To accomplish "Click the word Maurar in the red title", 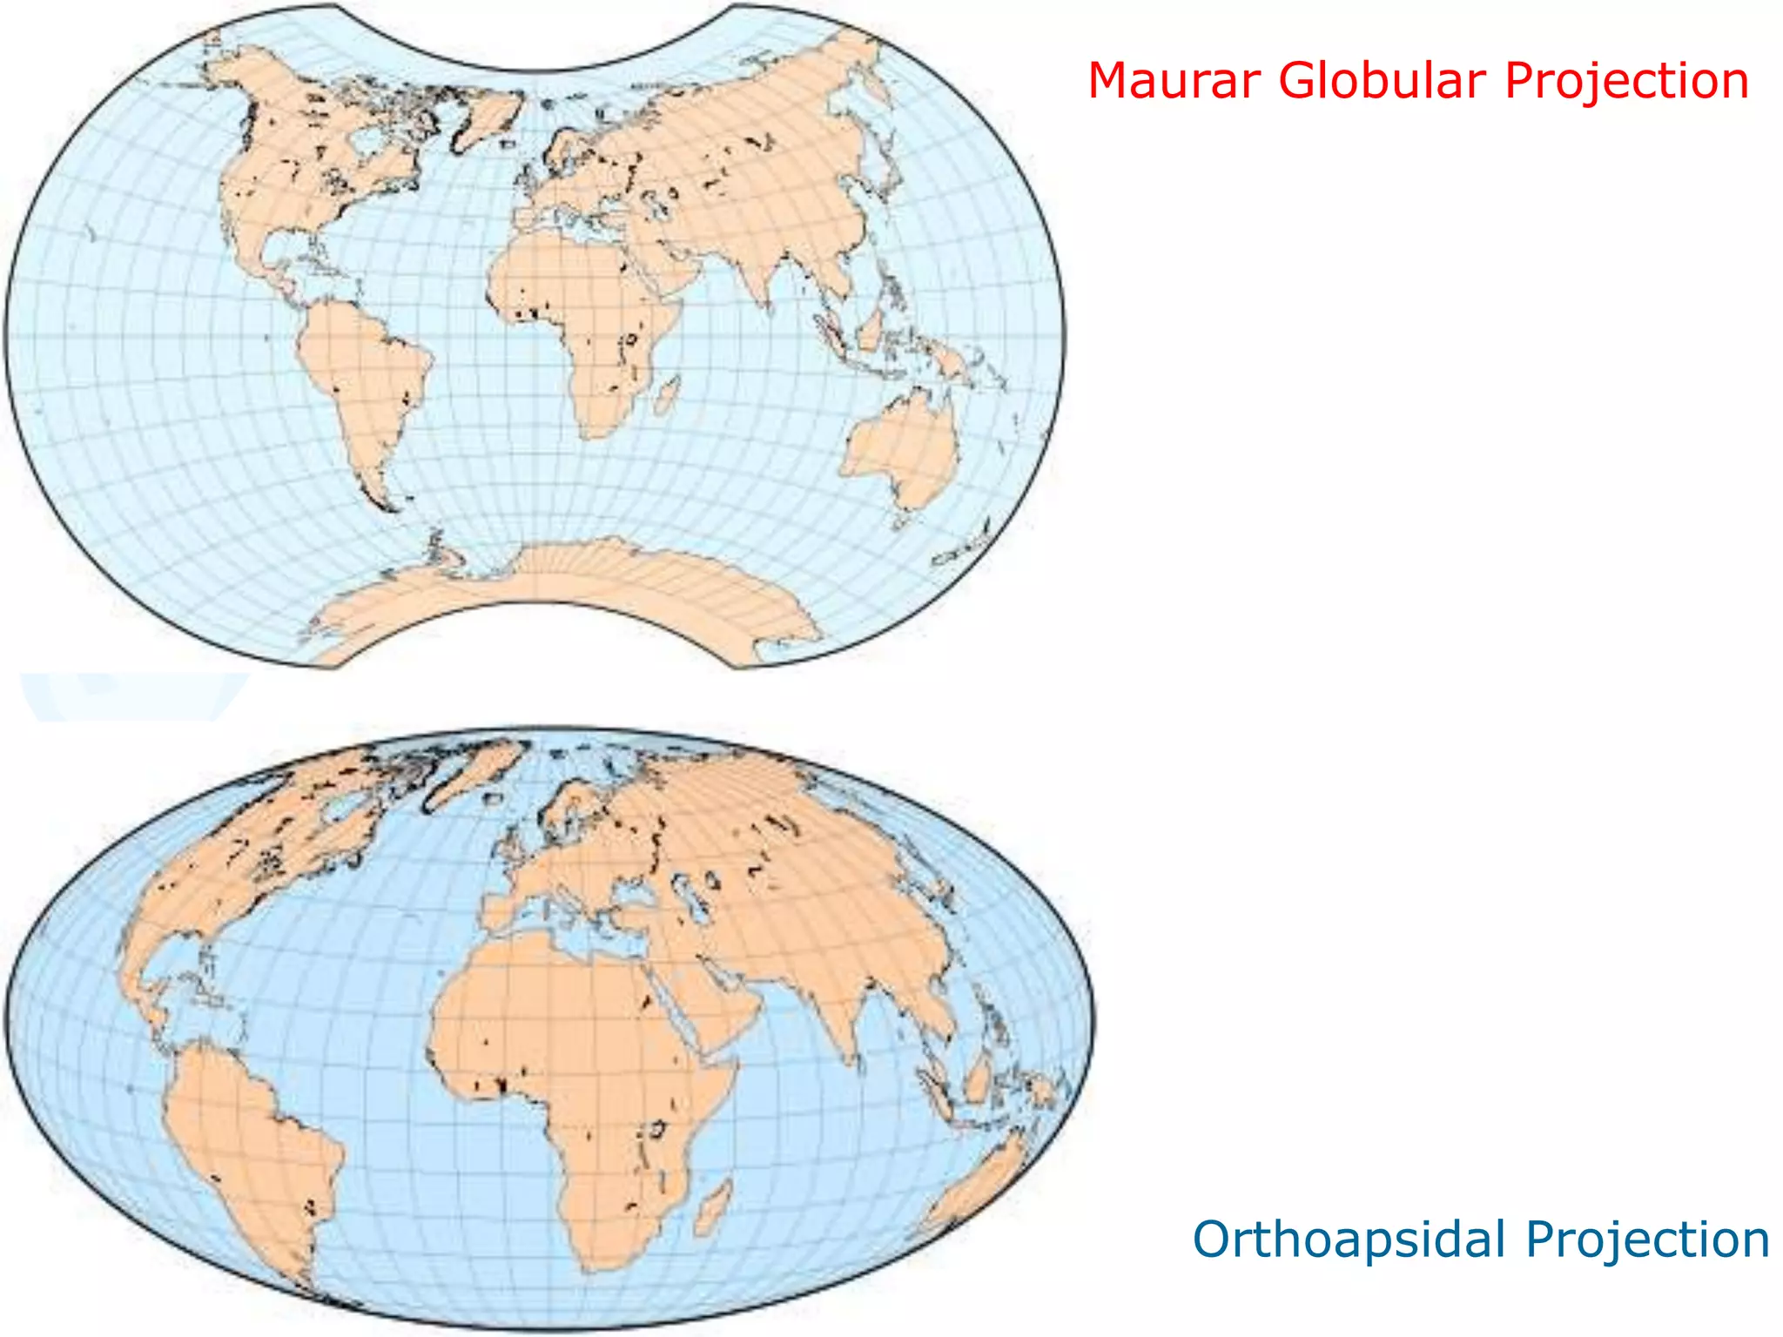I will [x=1174, y=81].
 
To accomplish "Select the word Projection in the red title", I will [x=1626, y=83].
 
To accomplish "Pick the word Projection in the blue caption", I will [x=1647, y=1240].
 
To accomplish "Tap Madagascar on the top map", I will [x=668, y=396].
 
